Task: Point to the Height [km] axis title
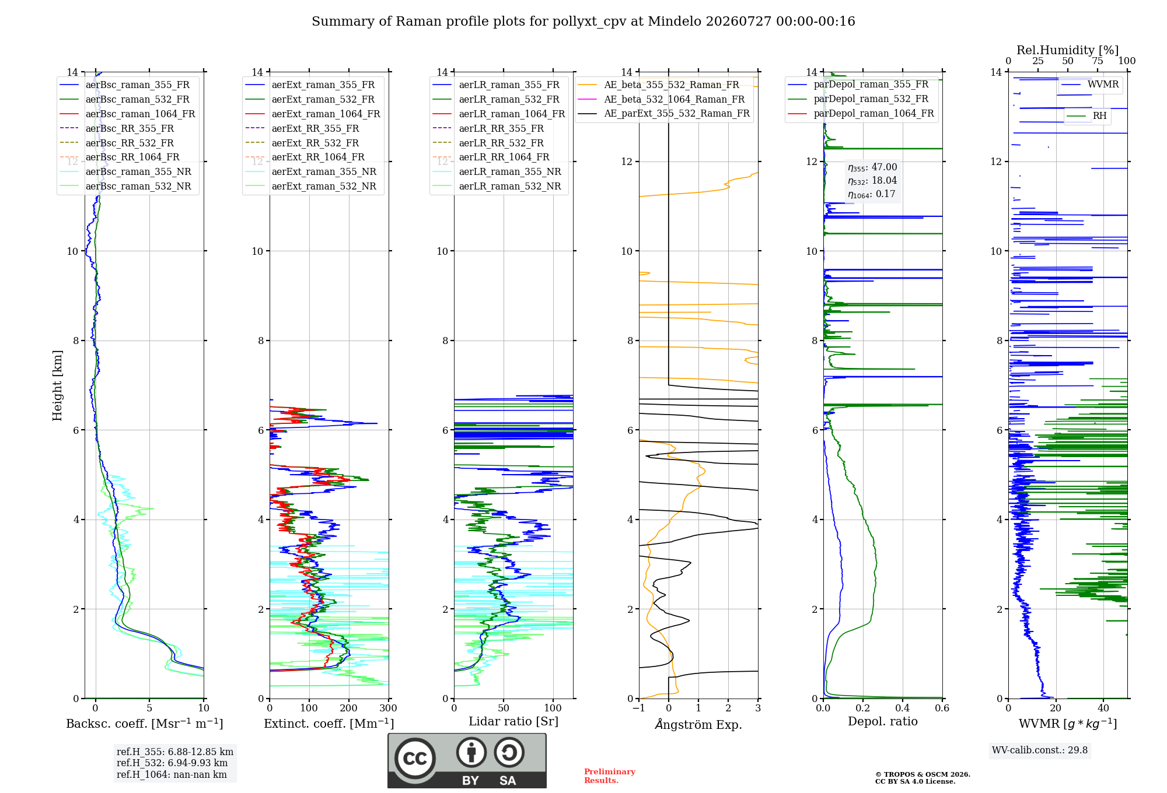57,385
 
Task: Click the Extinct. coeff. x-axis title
329,724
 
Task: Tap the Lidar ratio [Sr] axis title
513,721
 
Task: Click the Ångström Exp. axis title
698,724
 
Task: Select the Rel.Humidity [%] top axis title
1068,50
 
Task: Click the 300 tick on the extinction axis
388,708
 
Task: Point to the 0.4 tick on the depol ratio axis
903,708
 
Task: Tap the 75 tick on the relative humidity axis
1098,61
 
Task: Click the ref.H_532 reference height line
172,763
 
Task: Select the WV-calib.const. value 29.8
1078,750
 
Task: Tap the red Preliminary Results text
610,776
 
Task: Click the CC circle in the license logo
415,759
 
